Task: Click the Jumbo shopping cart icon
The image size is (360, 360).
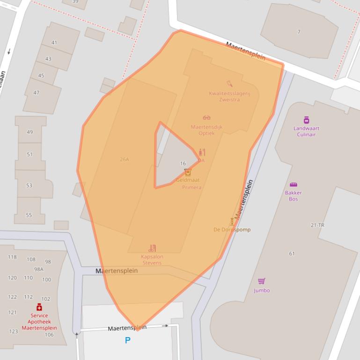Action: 262,281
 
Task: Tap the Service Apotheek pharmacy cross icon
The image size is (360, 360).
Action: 39,307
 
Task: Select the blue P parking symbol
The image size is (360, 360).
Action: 127,340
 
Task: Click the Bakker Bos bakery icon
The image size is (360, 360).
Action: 294,184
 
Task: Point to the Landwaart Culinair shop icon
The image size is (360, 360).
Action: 306,120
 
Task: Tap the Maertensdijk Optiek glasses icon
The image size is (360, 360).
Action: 206,118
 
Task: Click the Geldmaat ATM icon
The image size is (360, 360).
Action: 188,173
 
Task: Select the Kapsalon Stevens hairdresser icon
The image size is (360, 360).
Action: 152,248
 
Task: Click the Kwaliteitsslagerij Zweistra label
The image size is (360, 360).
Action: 229,96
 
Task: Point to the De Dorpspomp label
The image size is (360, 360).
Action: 232,230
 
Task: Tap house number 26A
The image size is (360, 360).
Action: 124,159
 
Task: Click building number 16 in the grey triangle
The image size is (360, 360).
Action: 183,164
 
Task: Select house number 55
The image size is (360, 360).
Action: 29,215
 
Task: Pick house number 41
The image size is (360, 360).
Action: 54,43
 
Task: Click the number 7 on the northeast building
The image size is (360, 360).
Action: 299,32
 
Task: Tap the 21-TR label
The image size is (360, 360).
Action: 317,225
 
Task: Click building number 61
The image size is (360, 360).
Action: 292,254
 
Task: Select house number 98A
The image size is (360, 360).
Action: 38,269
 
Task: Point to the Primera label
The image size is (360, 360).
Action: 191,187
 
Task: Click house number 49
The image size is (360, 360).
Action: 30,132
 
